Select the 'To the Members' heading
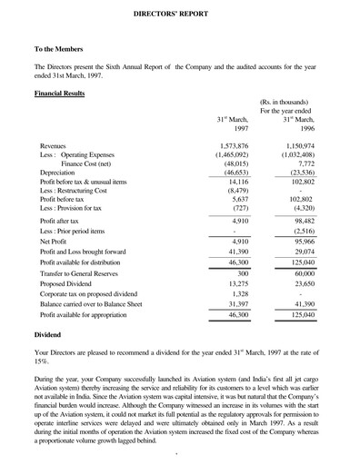pyautogui.click(x=60, y=51)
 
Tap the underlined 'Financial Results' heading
pyautogui.click(x=60, y=94)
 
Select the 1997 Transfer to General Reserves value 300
pyautogui.click(x=243, y=272)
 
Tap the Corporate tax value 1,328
pyautogui.click(x=239, y=294)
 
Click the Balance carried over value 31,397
pyautogui.click(x=236, y=305)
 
